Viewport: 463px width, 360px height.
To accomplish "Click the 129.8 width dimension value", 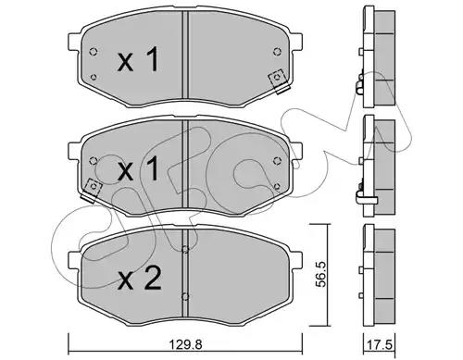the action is tap(185, 344).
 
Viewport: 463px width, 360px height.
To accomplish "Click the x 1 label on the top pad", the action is tap(138, 60).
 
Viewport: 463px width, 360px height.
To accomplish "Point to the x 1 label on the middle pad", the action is tap(138, 168).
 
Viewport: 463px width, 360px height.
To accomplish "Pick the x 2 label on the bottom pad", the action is tap(140, 279).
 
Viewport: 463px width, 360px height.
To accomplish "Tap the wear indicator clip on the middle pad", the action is tap(92, 190).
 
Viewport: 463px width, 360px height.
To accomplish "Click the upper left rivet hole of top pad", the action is tap(93, 52).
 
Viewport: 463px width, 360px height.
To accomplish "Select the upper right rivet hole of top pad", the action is tap(277, 52).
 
